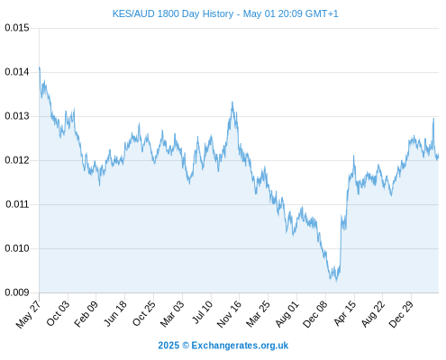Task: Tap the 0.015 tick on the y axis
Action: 17,28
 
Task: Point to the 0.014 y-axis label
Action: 17,72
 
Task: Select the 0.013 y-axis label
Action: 17,116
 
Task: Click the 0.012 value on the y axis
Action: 17,160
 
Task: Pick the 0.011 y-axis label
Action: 17,204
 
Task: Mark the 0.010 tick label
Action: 17,248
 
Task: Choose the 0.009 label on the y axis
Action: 17,292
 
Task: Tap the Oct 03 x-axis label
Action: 58,313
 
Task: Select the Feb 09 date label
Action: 86,314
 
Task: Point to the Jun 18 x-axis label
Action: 115,313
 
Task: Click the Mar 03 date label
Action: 172,314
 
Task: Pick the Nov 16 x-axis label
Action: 229,314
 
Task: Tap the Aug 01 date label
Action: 287,314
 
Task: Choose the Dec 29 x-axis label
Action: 401,314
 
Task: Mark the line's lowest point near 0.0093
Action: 336,281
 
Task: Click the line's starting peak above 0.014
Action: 40,67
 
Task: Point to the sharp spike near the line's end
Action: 433,119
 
